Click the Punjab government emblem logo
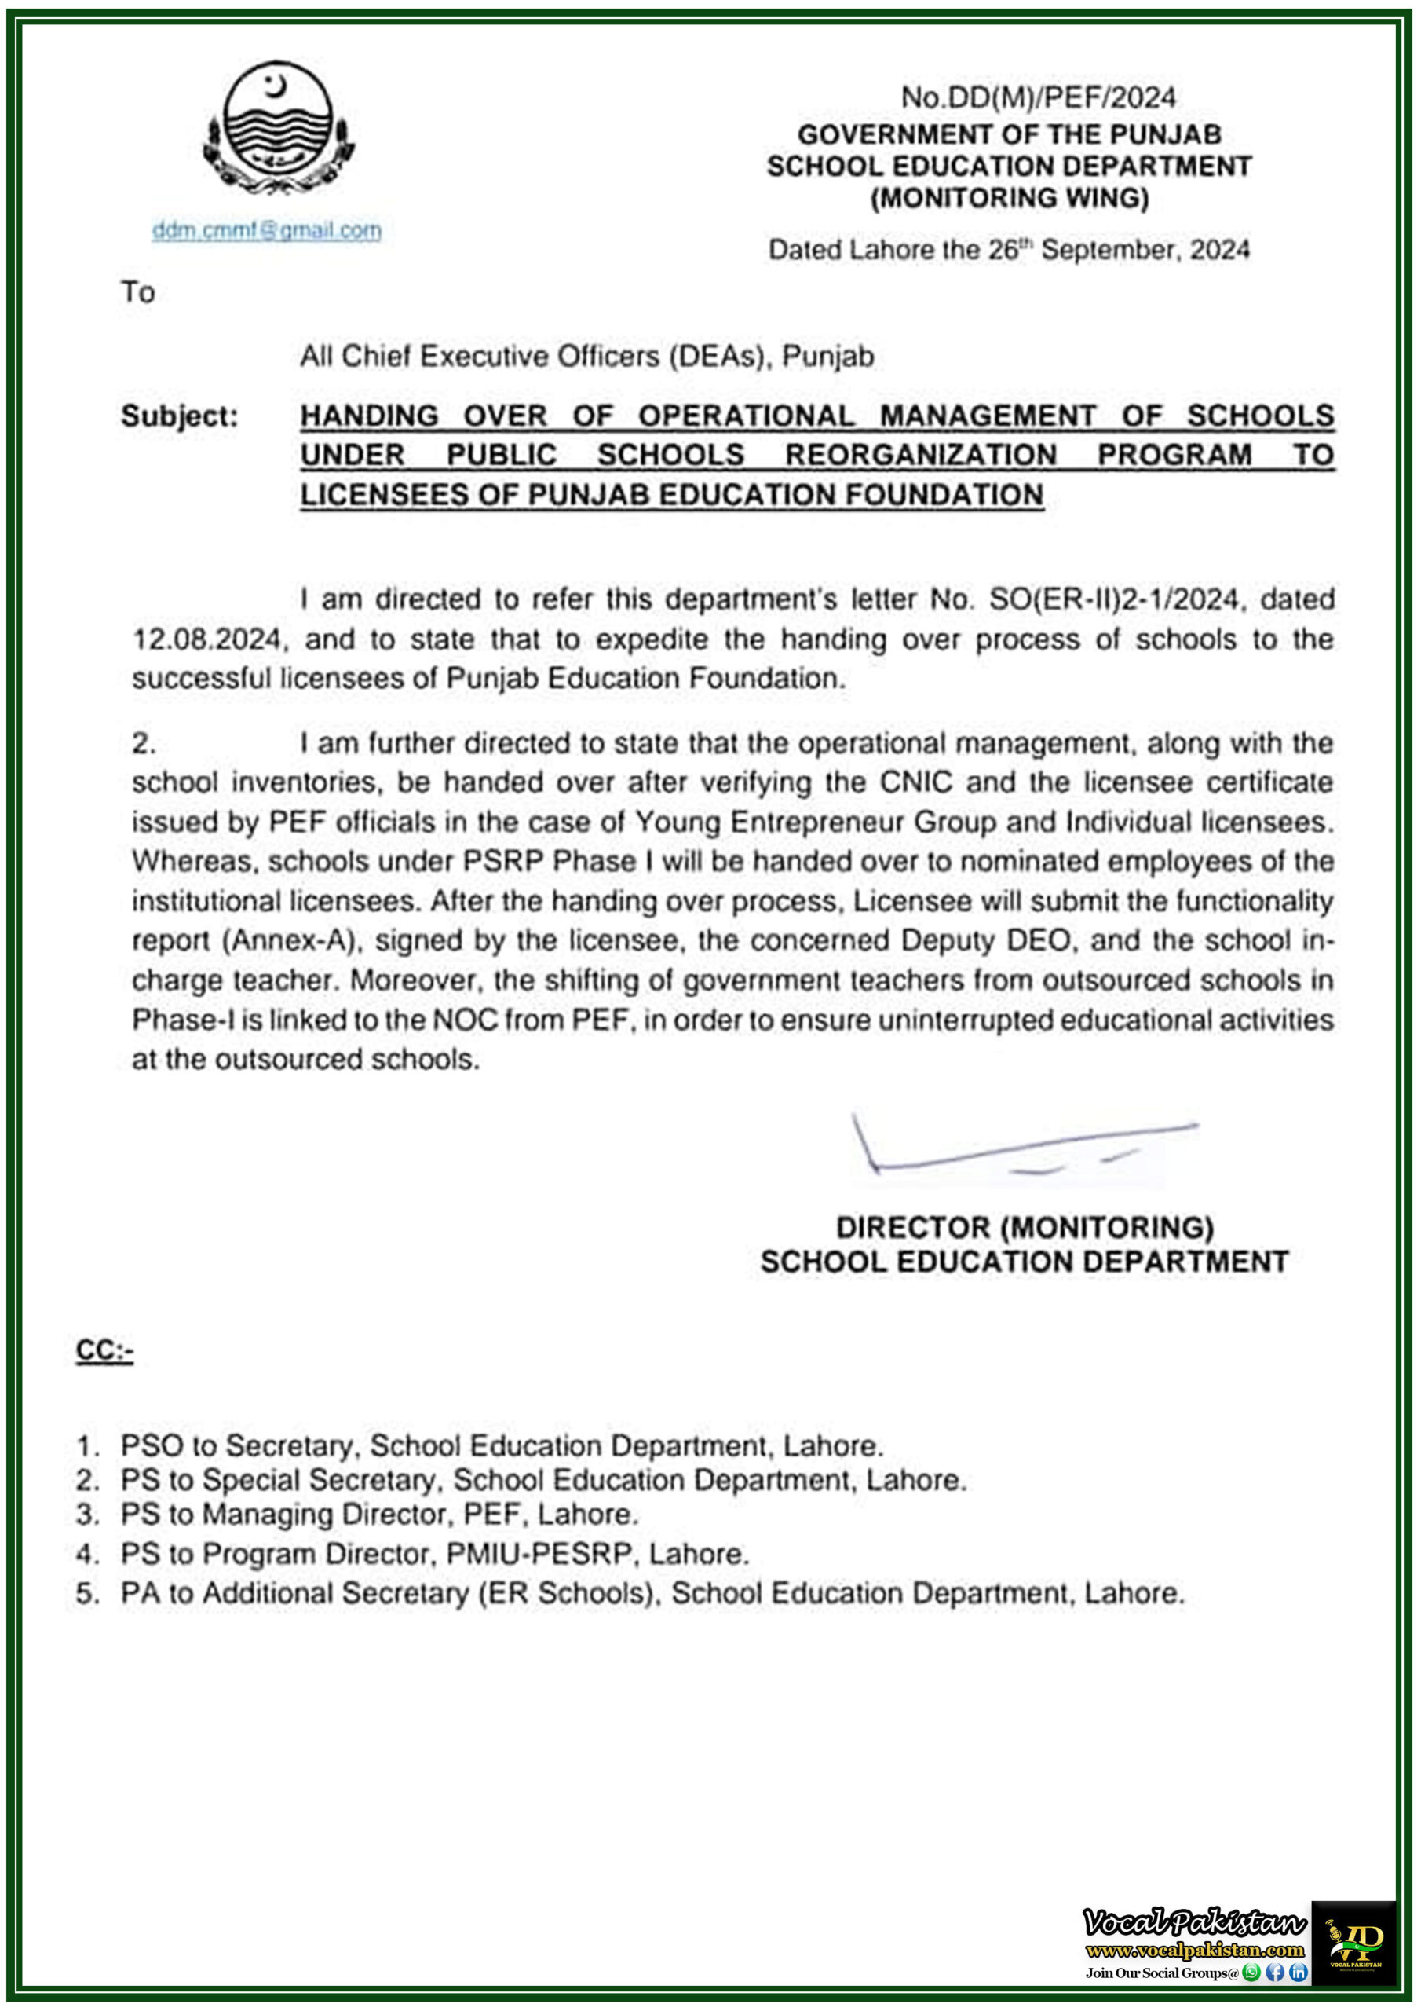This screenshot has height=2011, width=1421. click(279, 128)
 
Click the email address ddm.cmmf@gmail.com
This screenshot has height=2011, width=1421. click(266, 230)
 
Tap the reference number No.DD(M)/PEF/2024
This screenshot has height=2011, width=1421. click(1039, 97)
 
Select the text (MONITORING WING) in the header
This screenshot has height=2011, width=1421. click(1009, 198)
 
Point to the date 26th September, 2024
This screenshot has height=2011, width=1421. click(1118, 251)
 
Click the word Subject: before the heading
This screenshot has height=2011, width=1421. click(180, 416)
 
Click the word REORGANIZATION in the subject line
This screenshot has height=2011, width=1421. click(920, 455)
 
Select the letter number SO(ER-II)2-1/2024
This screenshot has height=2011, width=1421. click(1112, 600)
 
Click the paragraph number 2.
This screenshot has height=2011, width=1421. click(144, 744)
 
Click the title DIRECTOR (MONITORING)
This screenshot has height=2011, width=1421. click(1024, 1227)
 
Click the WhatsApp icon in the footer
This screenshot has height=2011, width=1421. click(1251, 1973)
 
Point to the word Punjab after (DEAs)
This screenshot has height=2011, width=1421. click(827, 357)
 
